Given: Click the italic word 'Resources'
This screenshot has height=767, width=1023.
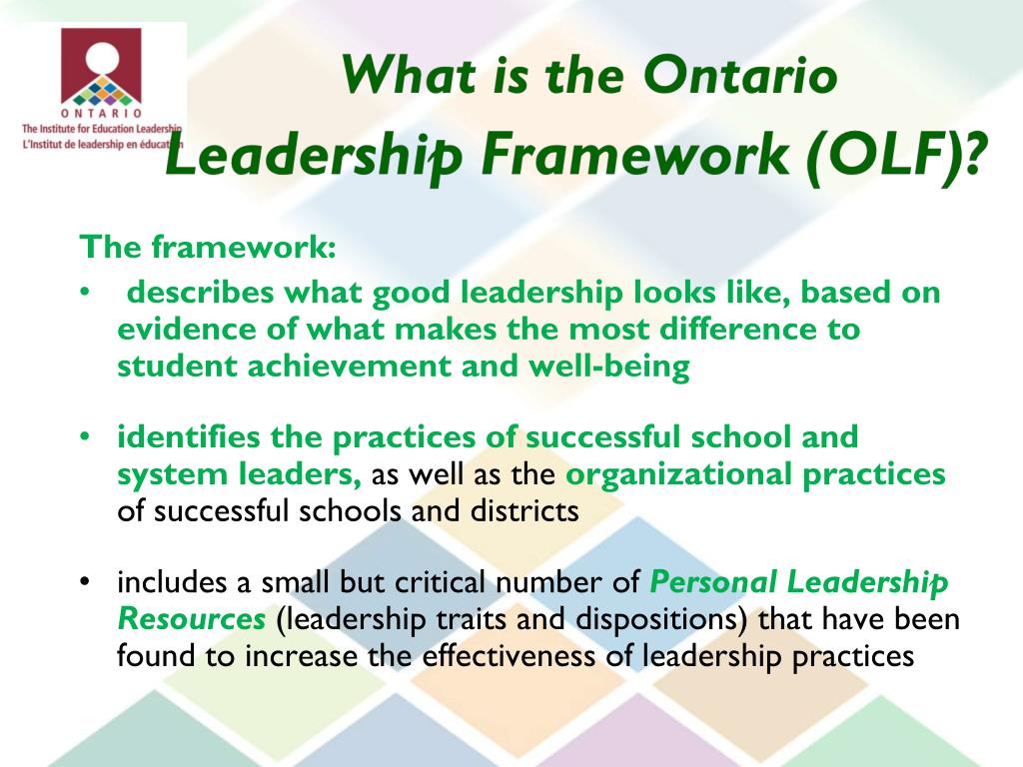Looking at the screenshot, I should click(x=191, y=619).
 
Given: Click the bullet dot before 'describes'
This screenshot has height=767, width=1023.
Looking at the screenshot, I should click(x=87, y=294).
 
